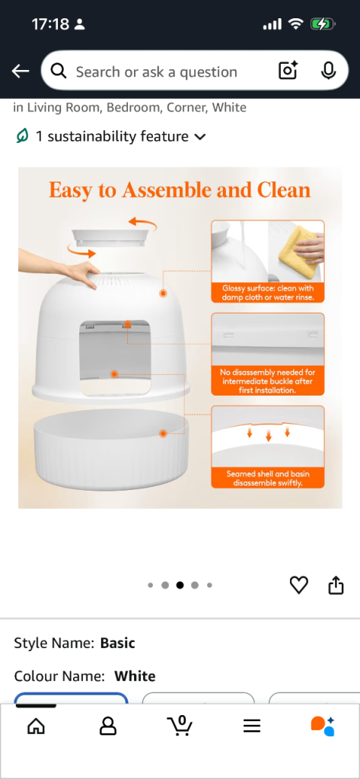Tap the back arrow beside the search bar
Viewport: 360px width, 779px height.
click(21, 72)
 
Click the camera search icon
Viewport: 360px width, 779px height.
click(288, 71)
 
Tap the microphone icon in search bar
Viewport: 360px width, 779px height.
click(328, 71)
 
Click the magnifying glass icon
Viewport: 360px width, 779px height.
click(59, 72)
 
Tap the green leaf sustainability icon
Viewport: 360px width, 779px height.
click(22, 135)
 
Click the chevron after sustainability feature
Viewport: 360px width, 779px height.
click(200, 137)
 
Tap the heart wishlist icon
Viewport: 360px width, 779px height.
click(299, 585)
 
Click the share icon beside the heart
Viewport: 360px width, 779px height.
click(336, 585)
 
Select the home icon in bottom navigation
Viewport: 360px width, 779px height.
click(36, 727)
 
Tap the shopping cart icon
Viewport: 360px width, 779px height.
click(180, 726)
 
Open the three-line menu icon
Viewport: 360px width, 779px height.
click(252, 727)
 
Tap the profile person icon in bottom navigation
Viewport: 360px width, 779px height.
click(107, 727)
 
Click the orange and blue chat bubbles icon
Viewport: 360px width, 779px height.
click(323, 727)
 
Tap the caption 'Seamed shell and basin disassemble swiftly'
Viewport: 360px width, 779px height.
click(268, 478)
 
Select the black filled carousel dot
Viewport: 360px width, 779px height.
click(180, 585)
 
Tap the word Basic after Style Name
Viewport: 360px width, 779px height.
click(117, 643)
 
